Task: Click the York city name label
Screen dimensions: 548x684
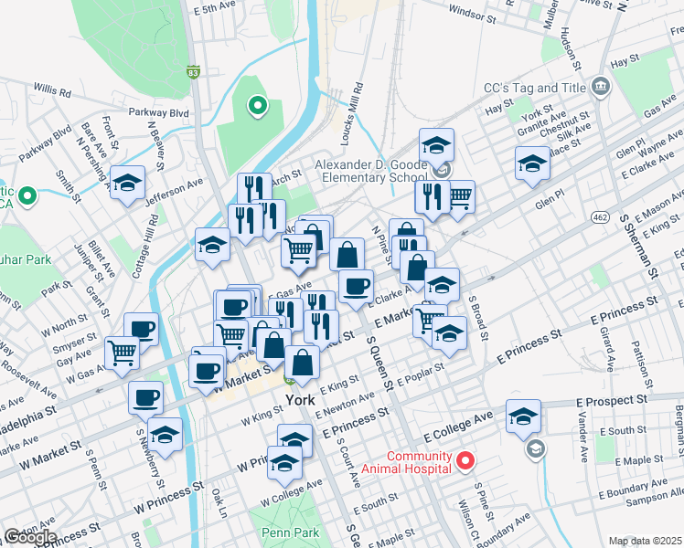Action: coord(300,401)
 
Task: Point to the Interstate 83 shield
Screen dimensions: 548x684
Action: coord(193,71)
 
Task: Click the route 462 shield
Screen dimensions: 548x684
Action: coord(600,216)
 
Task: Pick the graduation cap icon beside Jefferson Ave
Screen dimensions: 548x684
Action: coord(128,181)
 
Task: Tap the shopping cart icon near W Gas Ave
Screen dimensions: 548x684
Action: coord(122,353)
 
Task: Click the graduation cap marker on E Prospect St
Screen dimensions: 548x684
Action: coord(522,416)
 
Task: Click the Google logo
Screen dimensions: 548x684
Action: coord(29,537)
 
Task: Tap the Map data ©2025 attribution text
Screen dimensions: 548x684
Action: coord(646,541)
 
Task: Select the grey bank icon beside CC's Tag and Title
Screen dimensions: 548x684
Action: coord(600,88)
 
